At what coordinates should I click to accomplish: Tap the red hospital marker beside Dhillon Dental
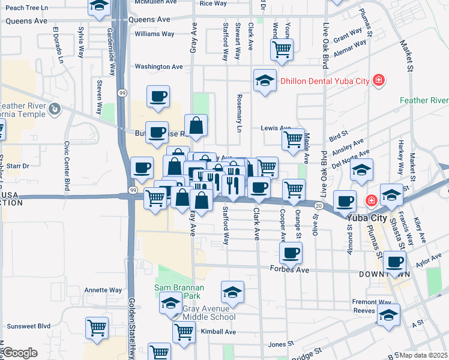tap(378, 79)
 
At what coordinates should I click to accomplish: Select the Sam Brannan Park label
tap(179, 292)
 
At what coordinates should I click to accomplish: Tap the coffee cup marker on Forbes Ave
tap(291, 253)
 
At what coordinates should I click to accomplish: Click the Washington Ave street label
tap(158, 67)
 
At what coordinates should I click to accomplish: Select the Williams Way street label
tap(155, 34)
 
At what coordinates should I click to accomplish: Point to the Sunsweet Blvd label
tap(28, 326)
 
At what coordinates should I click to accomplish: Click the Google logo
tap(20, 353)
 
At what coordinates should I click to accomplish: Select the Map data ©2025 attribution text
tap(424, 355)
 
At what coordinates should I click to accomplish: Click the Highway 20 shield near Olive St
tap(319, 206)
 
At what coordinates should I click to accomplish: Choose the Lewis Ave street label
tap(276, 128)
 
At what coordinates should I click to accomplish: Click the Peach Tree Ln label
tap(22, 8)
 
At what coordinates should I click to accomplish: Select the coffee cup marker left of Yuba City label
tap(345, 202)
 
